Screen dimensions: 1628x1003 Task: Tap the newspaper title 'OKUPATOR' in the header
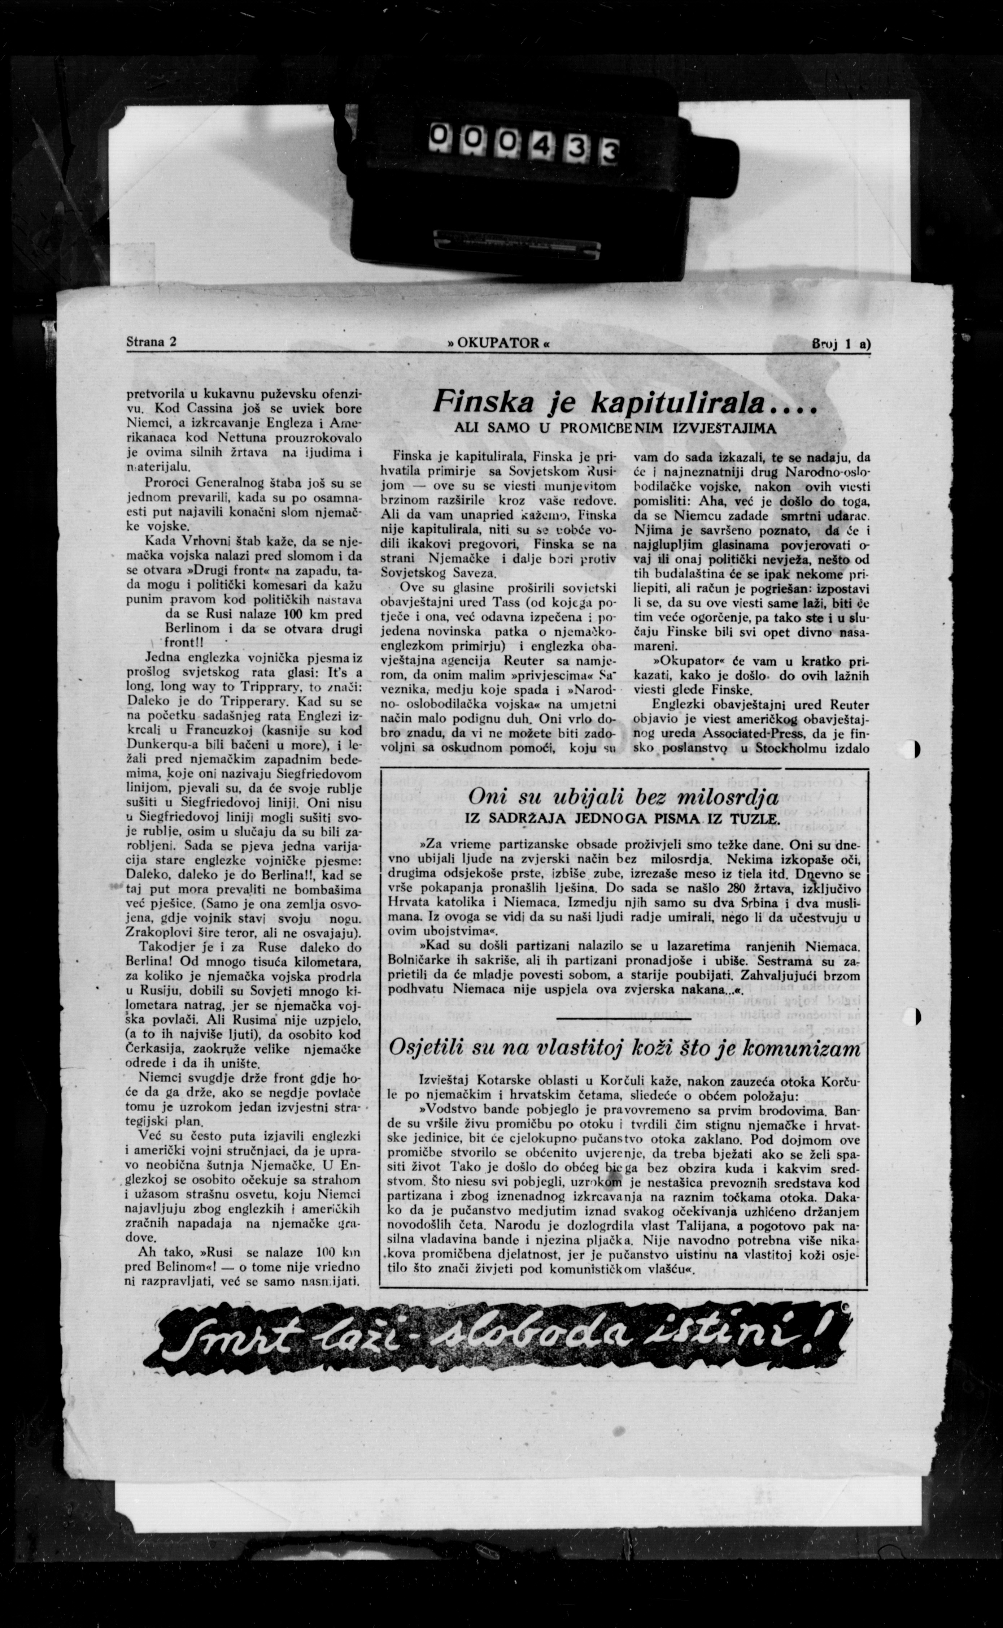pyautogui.click(x=499, y=344)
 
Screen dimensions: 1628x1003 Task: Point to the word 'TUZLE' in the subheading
pyautogui.click(x=757, y=820)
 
